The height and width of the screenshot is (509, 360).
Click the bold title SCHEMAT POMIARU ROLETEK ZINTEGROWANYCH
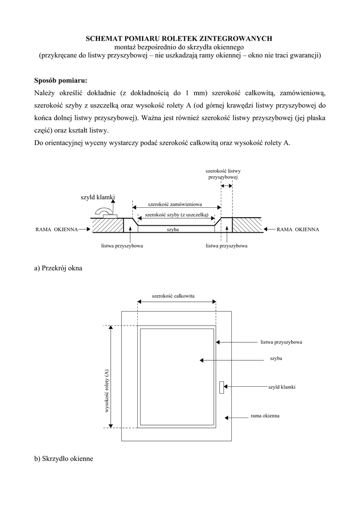(x=180, y=38)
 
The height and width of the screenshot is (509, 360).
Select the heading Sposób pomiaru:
(x=61, y=81)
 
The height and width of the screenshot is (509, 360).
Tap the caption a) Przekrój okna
(x=58, y=268)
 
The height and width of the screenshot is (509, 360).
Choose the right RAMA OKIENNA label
(x=298, y=230)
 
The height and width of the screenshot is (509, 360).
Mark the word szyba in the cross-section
(x=173, y=230)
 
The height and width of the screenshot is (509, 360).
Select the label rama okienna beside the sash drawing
(x=265, y=416)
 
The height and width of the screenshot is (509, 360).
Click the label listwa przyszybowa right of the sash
(x=281, y=342)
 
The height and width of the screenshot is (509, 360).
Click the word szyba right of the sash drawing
(x=276, y=358)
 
